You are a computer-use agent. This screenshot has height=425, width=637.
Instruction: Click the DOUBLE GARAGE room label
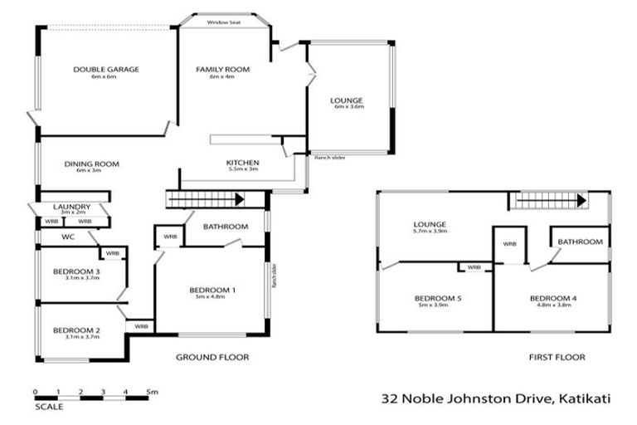point(105,70)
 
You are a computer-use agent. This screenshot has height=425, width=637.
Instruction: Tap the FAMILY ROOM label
point(222,70)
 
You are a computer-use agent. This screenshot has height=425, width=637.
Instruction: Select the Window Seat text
point(224,22)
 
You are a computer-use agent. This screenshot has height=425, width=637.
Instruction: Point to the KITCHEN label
point(243,163)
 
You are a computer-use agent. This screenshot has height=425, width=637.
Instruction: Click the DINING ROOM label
point(92,164)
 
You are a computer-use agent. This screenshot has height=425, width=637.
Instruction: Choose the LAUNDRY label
point(71,207)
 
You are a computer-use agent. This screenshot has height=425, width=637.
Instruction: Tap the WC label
point(68,237)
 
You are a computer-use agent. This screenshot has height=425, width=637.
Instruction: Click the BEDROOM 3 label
point(76,271)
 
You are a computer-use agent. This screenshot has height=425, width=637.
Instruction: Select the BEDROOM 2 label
point(76,330)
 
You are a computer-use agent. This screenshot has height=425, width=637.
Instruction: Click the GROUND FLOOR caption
point(212,357)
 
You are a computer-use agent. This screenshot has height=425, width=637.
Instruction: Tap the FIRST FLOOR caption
point(557,357)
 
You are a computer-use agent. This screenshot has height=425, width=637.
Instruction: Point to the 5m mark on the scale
point(152,390)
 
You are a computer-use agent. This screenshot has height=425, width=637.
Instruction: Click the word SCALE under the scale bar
point(48,408)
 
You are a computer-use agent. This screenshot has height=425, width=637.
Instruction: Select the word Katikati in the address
point(584,398)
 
